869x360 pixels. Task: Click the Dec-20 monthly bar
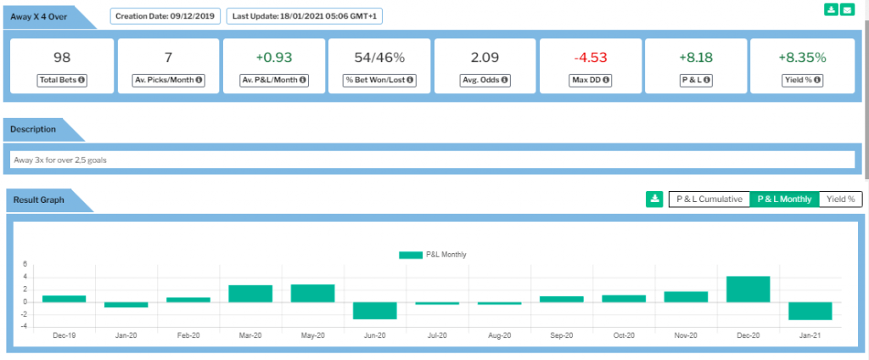click(748, 289)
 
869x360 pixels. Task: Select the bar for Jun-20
click(374, 311)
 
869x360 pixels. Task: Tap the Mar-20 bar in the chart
click(250, 294)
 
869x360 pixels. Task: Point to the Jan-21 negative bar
click(810, 312)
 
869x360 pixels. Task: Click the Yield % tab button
click(840, 200)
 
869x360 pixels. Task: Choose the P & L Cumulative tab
click(709, 200)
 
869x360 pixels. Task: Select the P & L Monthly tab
click(784, 200)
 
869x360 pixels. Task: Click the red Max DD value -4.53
click(591, 57)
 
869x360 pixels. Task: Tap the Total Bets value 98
click(62, 57)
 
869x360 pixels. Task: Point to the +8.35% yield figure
click(802, 57)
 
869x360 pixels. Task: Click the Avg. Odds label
click(485, 80)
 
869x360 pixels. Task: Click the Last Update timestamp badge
click(305, 16)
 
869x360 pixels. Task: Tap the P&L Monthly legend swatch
click(411, 256)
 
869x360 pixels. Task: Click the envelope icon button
click(847, 9)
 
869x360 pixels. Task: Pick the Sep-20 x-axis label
click(562, 335)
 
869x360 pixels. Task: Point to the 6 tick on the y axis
click(25, 265)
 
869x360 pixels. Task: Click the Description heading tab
click(33, 129)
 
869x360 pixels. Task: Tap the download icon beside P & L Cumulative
click(654, 200)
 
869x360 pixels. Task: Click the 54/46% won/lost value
click(379, 57)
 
